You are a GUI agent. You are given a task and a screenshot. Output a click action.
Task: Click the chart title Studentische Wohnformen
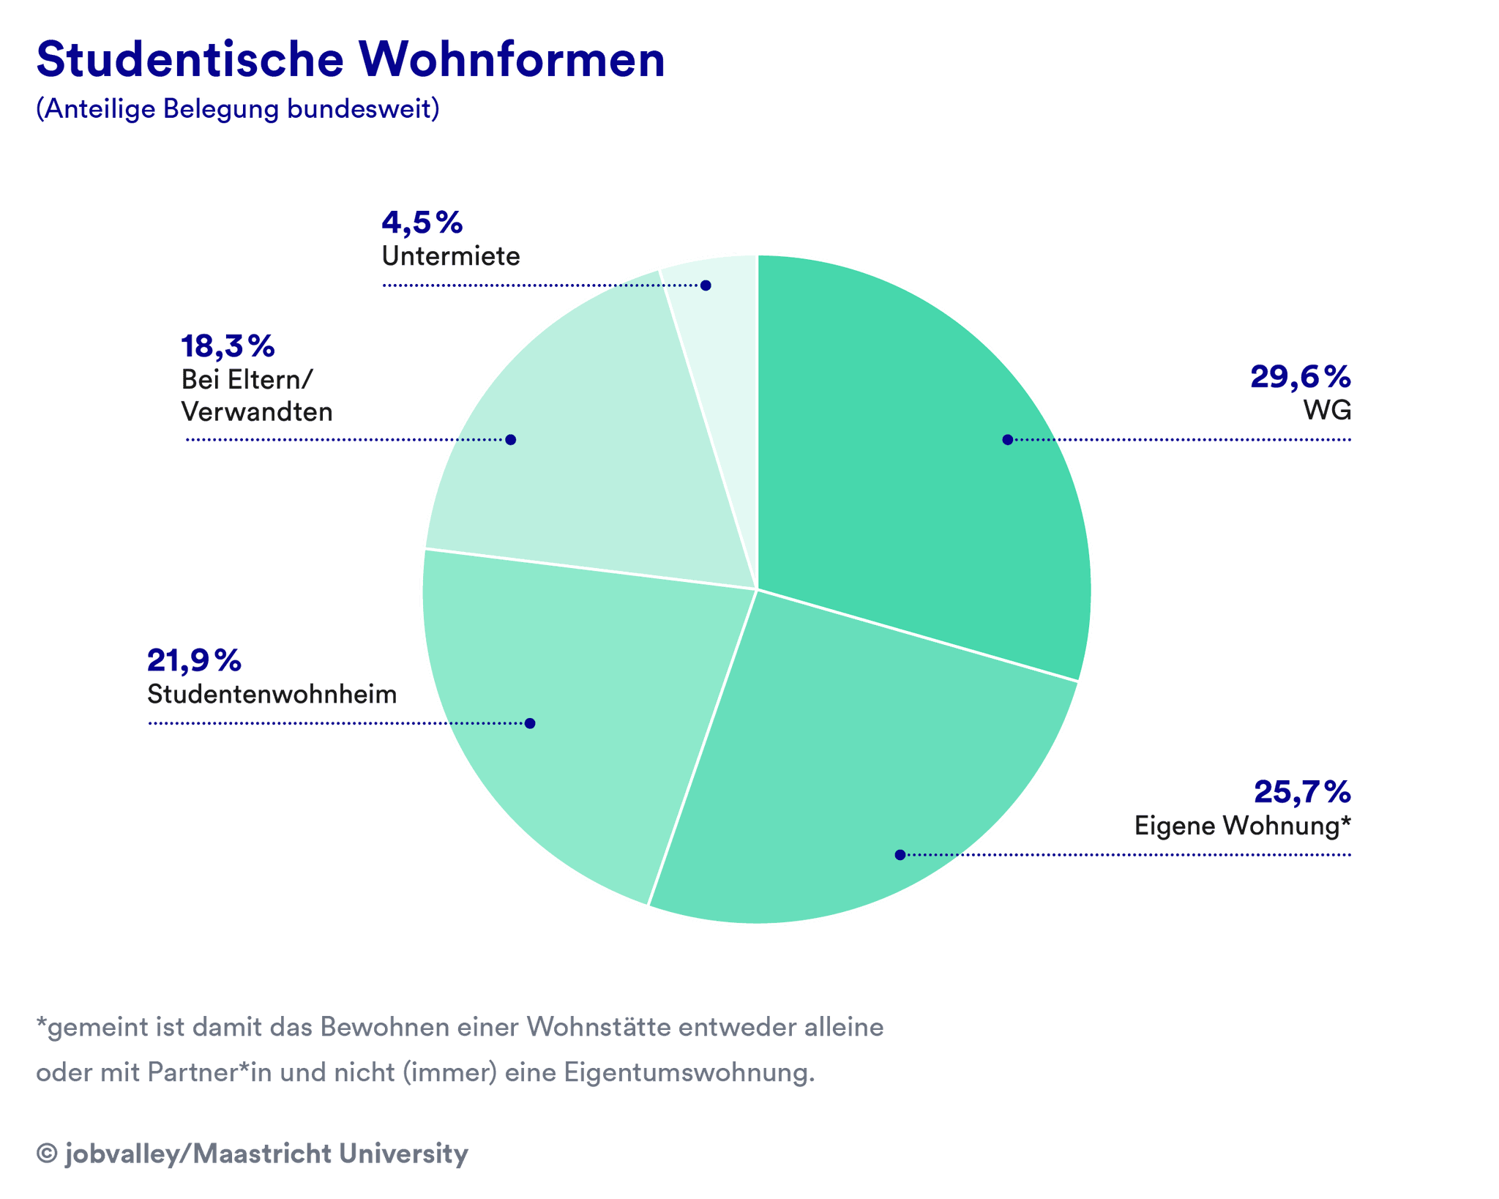point(350,60)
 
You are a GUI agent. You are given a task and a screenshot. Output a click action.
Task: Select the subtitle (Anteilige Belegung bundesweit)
point(238,109)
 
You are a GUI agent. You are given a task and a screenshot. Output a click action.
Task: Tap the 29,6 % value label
point(1300,377)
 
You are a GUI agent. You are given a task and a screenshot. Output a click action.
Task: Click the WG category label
point(1327,410)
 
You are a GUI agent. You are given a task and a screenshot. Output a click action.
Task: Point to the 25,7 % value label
point(1302,792)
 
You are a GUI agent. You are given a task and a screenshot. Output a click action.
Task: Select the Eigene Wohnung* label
point(1242,826)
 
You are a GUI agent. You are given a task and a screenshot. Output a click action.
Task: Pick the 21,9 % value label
point(194,661)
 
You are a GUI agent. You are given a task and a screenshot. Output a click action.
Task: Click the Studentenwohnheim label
point(272,694)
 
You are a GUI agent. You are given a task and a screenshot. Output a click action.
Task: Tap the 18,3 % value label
point(228,346)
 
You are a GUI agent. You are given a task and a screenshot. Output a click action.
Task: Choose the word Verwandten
point(257,412)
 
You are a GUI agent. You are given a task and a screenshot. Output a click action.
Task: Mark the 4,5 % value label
point(422,223)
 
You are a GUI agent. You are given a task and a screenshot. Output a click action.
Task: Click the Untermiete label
point(450,256)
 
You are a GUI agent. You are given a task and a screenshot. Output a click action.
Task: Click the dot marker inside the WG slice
point(1008,439)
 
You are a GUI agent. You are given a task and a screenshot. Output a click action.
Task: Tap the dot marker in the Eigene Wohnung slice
point(900,854)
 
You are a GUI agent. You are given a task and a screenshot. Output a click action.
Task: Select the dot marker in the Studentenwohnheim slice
point(530,723)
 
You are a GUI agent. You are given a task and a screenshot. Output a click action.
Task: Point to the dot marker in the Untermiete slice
point(706,285)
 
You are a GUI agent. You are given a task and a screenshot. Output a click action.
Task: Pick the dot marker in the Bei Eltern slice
point(511,439)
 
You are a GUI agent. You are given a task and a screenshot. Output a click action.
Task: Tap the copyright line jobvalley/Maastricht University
point(253,1154)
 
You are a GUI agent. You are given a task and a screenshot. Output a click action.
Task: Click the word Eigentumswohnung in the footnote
point(688,1072)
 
